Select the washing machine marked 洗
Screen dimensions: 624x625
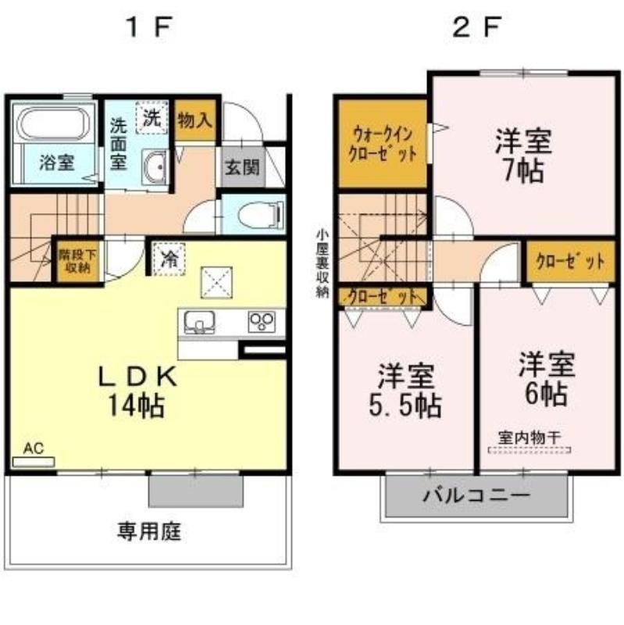[x=152, y=117]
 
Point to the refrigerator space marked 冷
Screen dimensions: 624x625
[x=169, y=259]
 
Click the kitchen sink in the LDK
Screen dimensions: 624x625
[x=200, y=322]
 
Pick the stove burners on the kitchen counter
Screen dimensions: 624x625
[x=262, y=321]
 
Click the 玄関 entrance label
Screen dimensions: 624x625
[x=242, y=167]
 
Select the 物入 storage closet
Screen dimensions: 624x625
[x=195, y=120]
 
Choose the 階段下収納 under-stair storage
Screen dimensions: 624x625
[x=78, y=261]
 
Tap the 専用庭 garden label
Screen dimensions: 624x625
[x=149, y=532]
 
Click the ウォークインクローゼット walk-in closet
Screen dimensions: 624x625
[x=383, y=144]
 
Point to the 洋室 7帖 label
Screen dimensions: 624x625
[x=523, y=155]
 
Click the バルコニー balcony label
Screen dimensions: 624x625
[x=476, y=496]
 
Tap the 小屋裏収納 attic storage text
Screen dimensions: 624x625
[x=322, y=264]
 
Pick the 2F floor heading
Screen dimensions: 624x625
[x=476, y=28]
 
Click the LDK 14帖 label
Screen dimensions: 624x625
[x=137, y=391]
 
